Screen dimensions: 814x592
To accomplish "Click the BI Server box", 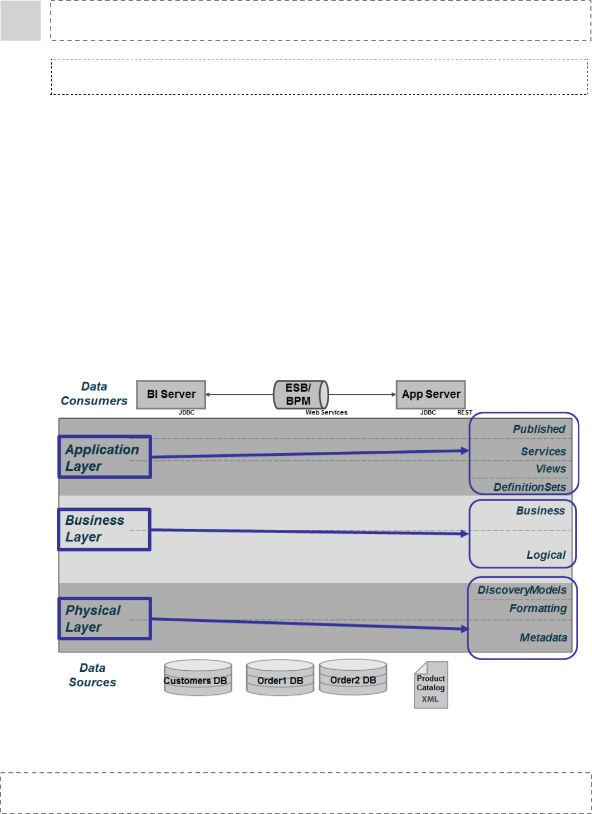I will pos(171,394).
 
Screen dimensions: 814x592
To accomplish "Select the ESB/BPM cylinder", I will pos(301,394).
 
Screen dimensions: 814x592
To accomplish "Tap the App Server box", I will pos(430,394).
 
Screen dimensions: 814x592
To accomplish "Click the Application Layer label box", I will pos(105,457).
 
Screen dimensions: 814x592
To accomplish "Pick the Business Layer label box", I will pos(104,529).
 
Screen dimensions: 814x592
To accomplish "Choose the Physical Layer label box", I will pos(105,618).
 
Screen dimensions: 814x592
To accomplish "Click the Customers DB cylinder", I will pos(198,678).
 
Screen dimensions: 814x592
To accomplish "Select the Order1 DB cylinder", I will pos(280,678).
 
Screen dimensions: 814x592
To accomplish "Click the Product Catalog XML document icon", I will pos(431,685).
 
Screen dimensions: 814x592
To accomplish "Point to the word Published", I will pos(539,429).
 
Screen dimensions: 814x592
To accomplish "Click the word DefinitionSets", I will pos(530,487).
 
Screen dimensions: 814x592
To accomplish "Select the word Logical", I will pos(546,555).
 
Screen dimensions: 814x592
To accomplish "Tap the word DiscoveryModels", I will pos(522,590).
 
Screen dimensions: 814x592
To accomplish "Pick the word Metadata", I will pos(543,637).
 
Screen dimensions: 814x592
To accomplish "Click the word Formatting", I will pos(538,608).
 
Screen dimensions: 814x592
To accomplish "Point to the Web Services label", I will pos(326,412).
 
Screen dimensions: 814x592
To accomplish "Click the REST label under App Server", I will pos(464,412).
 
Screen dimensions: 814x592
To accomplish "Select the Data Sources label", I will pos(92,675).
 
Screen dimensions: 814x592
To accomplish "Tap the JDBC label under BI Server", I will pos(187,412).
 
